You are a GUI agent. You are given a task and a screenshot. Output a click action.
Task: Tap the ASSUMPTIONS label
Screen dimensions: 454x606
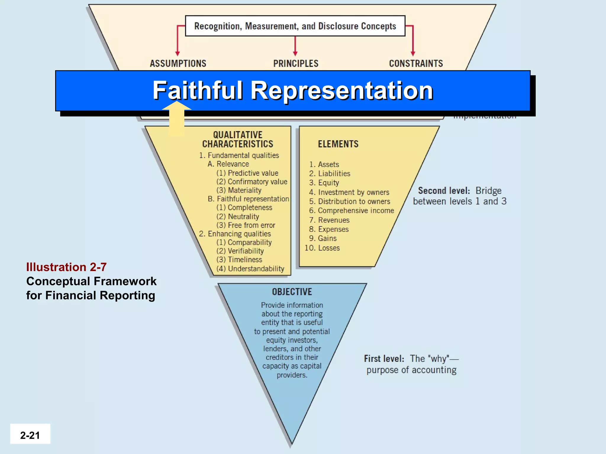[178, 64]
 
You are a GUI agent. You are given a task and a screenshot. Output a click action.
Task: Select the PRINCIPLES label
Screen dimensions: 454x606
[296, 64]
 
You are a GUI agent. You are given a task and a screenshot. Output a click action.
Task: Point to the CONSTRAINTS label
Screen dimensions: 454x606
[416, 64]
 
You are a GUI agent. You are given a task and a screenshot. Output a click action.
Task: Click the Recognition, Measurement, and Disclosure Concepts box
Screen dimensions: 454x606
[295, 26]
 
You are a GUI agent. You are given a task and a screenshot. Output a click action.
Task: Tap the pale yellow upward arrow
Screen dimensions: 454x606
[177, 118]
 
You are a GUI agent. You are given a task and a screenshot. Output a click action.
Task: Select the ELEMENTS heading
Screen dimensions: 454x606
[338, 144]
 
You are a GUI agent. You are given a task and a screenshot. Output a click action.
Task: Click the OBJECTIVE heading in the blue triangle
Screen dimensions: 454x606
[292, 292]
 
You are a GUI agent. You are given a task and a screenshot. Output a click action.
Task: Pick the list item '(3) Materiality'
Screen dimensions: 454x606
[239, 190]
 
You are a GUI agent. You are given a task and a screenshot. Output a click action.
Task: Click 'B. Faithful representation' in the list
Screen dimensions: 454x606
[248, 199]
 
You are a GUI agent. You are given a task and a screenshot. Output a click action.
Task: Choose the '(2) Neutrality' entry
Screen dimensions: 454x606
[238, 217]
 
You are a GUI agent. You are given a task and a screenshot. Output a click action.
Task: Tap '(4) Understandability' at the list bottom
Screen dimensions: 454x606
[250, 269]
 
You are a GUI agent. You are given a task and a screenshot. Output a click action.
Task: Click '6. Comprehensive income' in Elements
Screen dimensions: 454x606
[352, 211]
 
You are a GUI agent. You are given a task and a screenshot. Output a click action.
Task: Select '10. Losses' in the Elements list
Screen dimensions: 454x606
[322, 248]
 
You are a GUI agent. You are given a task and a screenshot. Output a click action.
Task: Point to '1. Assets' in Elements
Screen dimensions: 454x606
[324, 165]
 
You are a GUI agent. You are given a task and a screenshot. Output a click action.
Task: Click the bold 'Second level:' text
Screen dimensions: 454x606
[444, 191]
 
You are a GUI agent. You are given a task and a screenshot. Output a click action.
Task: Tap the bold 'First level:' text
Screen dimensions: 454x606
[384, 359]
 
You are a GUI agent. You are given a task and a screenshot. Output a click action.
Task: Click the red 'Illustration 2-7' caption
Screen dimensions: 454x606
[66, 267]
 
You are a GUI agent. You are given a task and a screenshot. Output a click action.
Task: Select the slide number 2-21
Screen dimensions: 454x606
[30, 435]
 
